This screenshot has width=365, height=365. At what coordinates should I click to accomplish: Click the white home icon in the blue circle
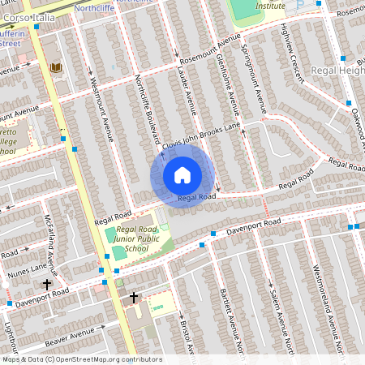[x=182, y=174]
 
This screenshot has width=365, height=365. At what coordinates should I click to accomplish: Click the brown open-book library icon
[x=55, y=67]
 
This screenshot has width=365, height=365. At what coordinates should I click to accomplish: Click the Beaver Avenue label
[x=75, y=334]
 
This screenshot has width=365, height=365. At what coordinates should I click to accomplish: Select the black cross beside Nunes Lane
[x=46, y=285]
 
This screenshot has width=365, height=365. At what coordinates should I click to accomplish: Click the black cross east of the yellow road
[x=134, y=298]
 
